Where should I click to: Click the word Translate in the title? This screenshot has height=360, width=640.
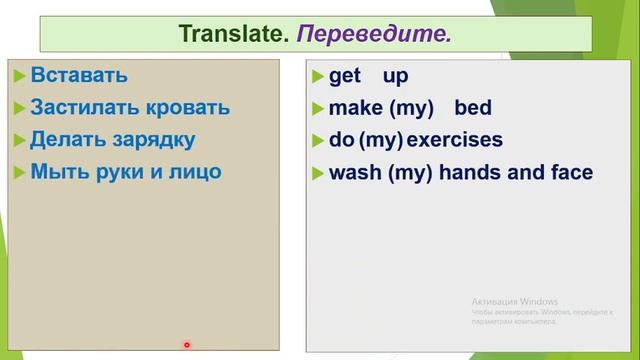pyautogui.click(x=233, y=34)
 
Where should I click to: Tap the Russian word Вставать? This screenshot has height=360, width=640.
pyautogui.click(x=79, y=75)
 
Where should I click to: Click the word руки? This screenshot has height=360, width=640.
pyautogui.click(x=122, y=171)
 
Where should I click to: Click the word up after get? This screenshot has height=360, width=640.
pyautogui.click(x=395, y=77)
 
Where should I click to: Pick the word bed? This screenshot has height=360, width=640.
pyautogui.click(x=473, y=109)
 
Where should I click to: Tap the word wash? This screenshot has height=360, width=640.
pyautogui.click(x=352, y=172)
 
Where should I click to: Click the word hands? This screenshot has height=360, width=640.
pyautogui.click(x=475, y=172)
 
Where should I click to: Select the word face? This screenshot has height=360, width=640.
pyautogui.click(x=571, y=172)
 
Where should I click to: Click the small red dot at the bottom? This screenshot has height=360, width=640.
pyautogui.click(x=187, y=345)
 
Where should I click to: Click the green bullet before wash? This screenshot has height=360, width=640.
pyautogui.click(x=319, y=173)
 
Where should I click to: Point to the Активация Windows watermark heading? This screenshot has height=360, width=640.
pyautogui.click(x=514, y=302)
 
